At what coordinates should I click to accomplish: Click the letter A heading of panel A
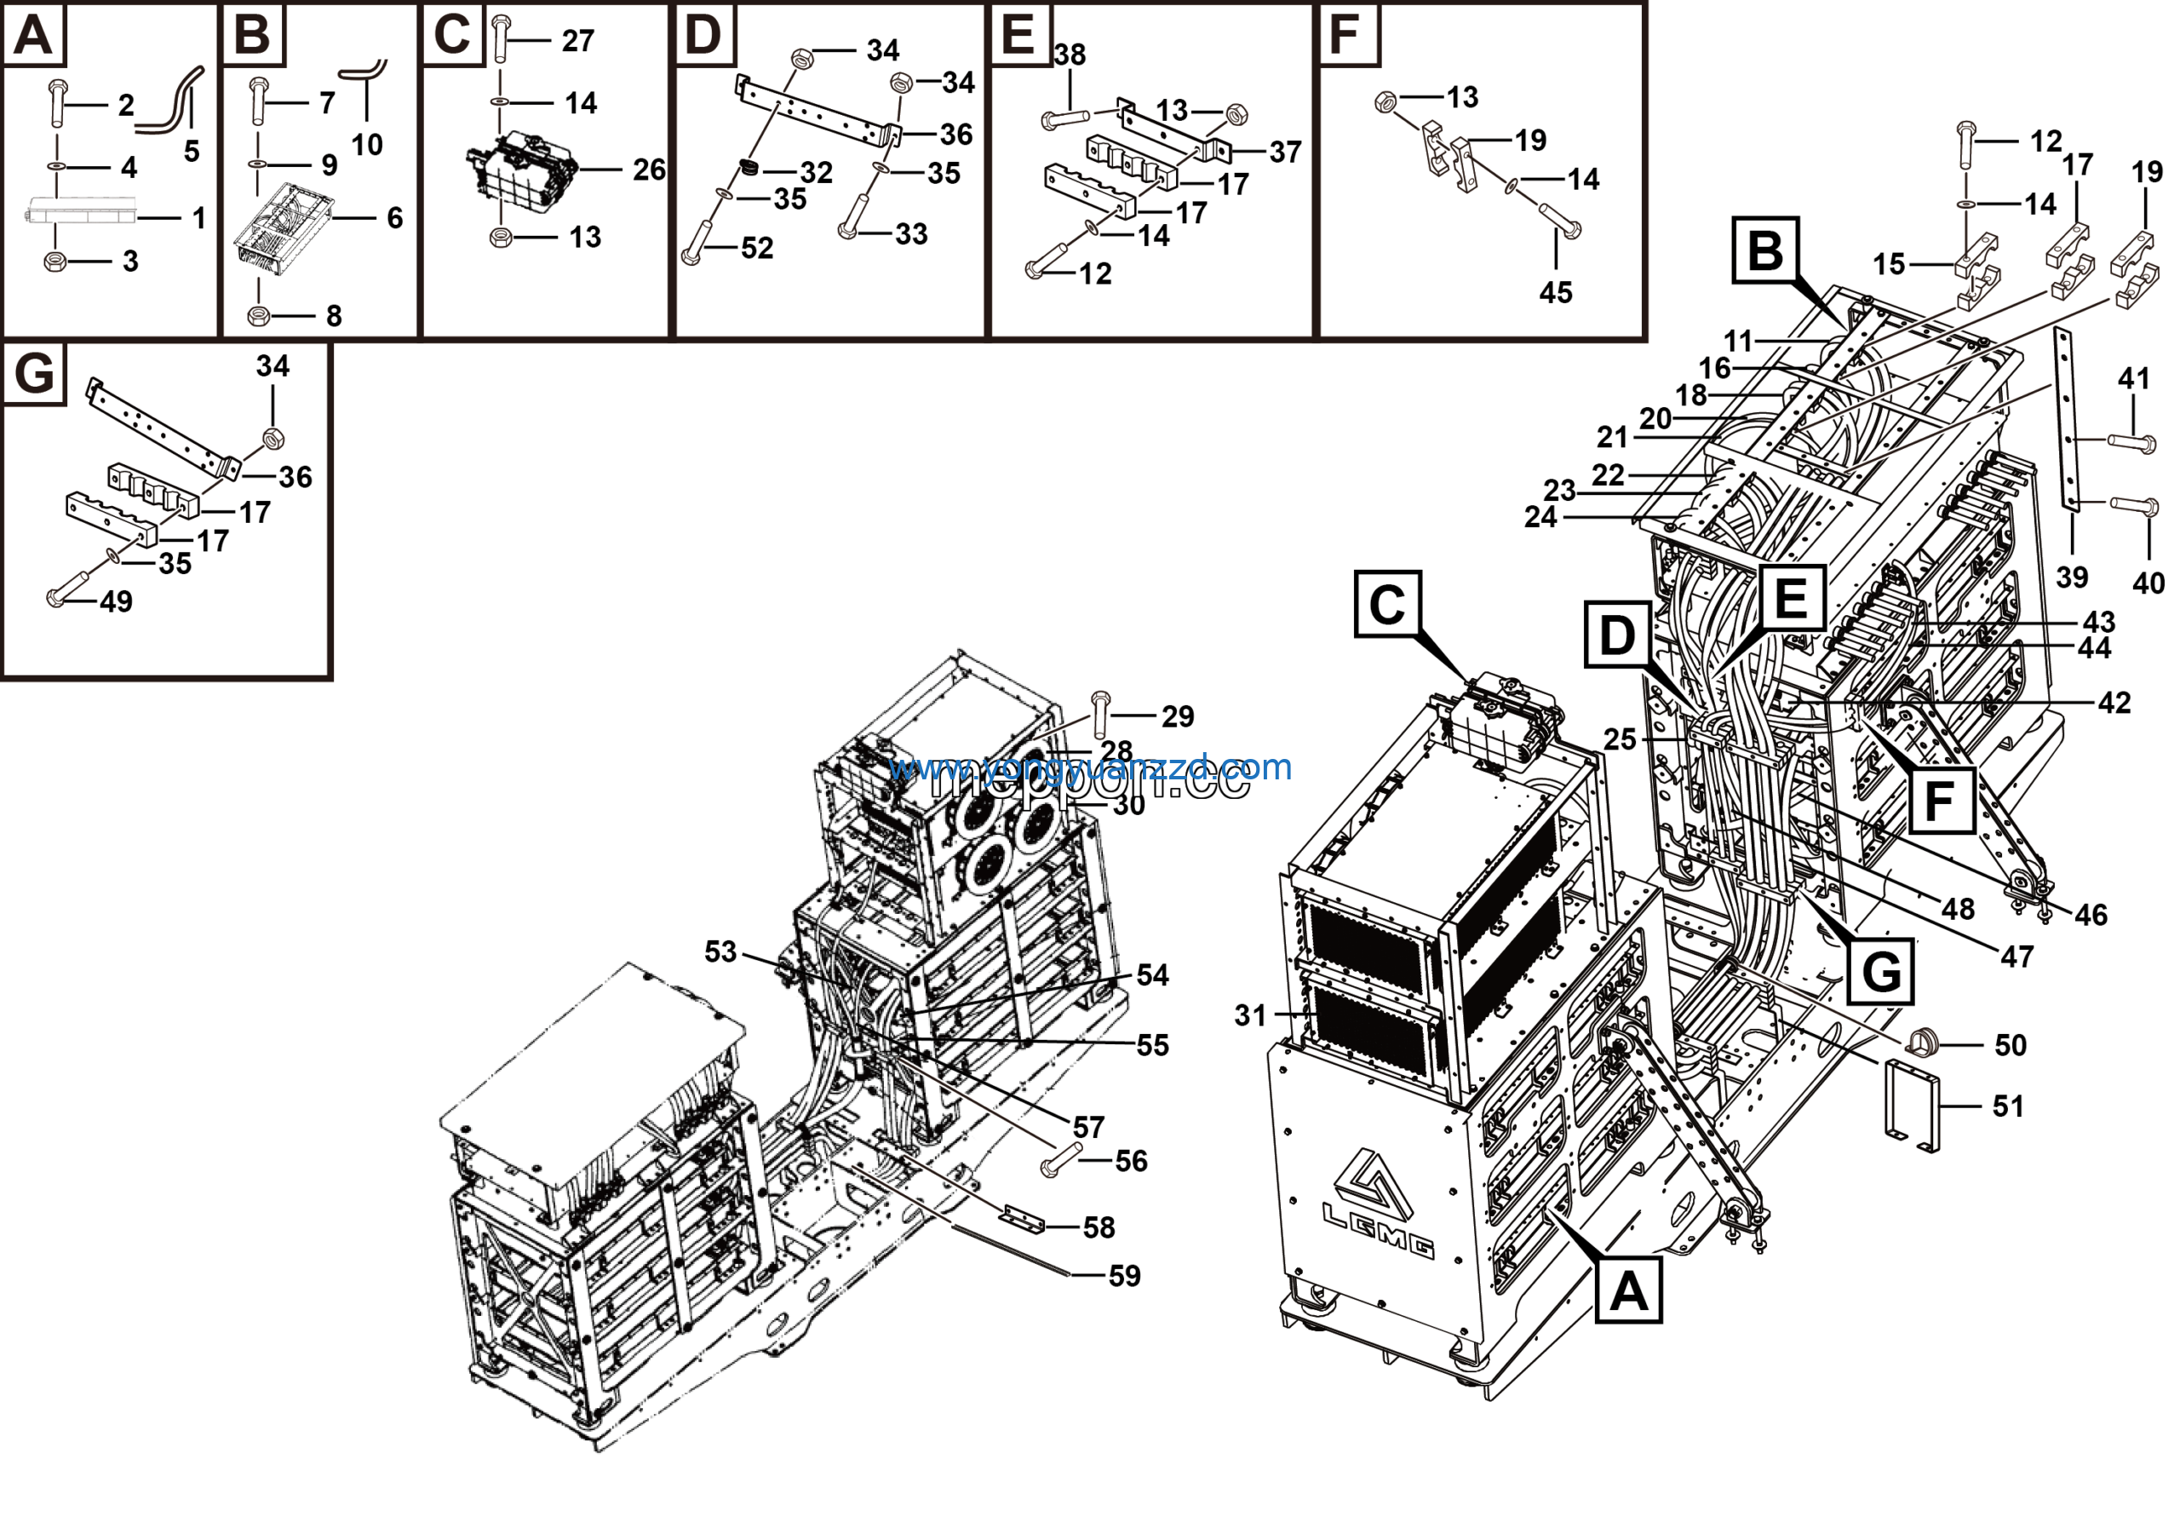tap(33, 35)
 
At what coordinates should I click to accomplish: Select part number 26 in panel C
tap(650, 170)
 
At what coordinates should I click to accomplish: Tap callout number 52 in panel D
tap(757, 249)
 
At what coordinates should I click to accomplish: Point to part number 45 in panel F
tap(1555, 292)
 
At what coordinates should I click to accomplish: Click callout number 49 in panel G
tap(116, 602)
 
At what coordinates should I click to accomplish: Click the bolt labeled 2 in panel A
tap(57, 105)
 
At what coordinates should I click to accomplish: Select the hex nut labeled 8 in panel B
tap(256, 315)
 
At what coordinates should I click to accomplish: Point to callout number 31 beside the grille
tap(1250, 1016)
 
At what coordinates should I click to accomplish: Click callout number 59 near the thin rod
tap(1124, 1276)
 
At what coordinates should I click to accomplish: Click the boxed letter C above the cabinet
tap(1387, 604)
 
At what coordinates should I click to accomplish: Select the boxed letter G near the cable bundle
tap(1880, 971)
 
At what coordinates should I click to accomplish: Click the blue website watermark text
tap(1089, 767)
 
